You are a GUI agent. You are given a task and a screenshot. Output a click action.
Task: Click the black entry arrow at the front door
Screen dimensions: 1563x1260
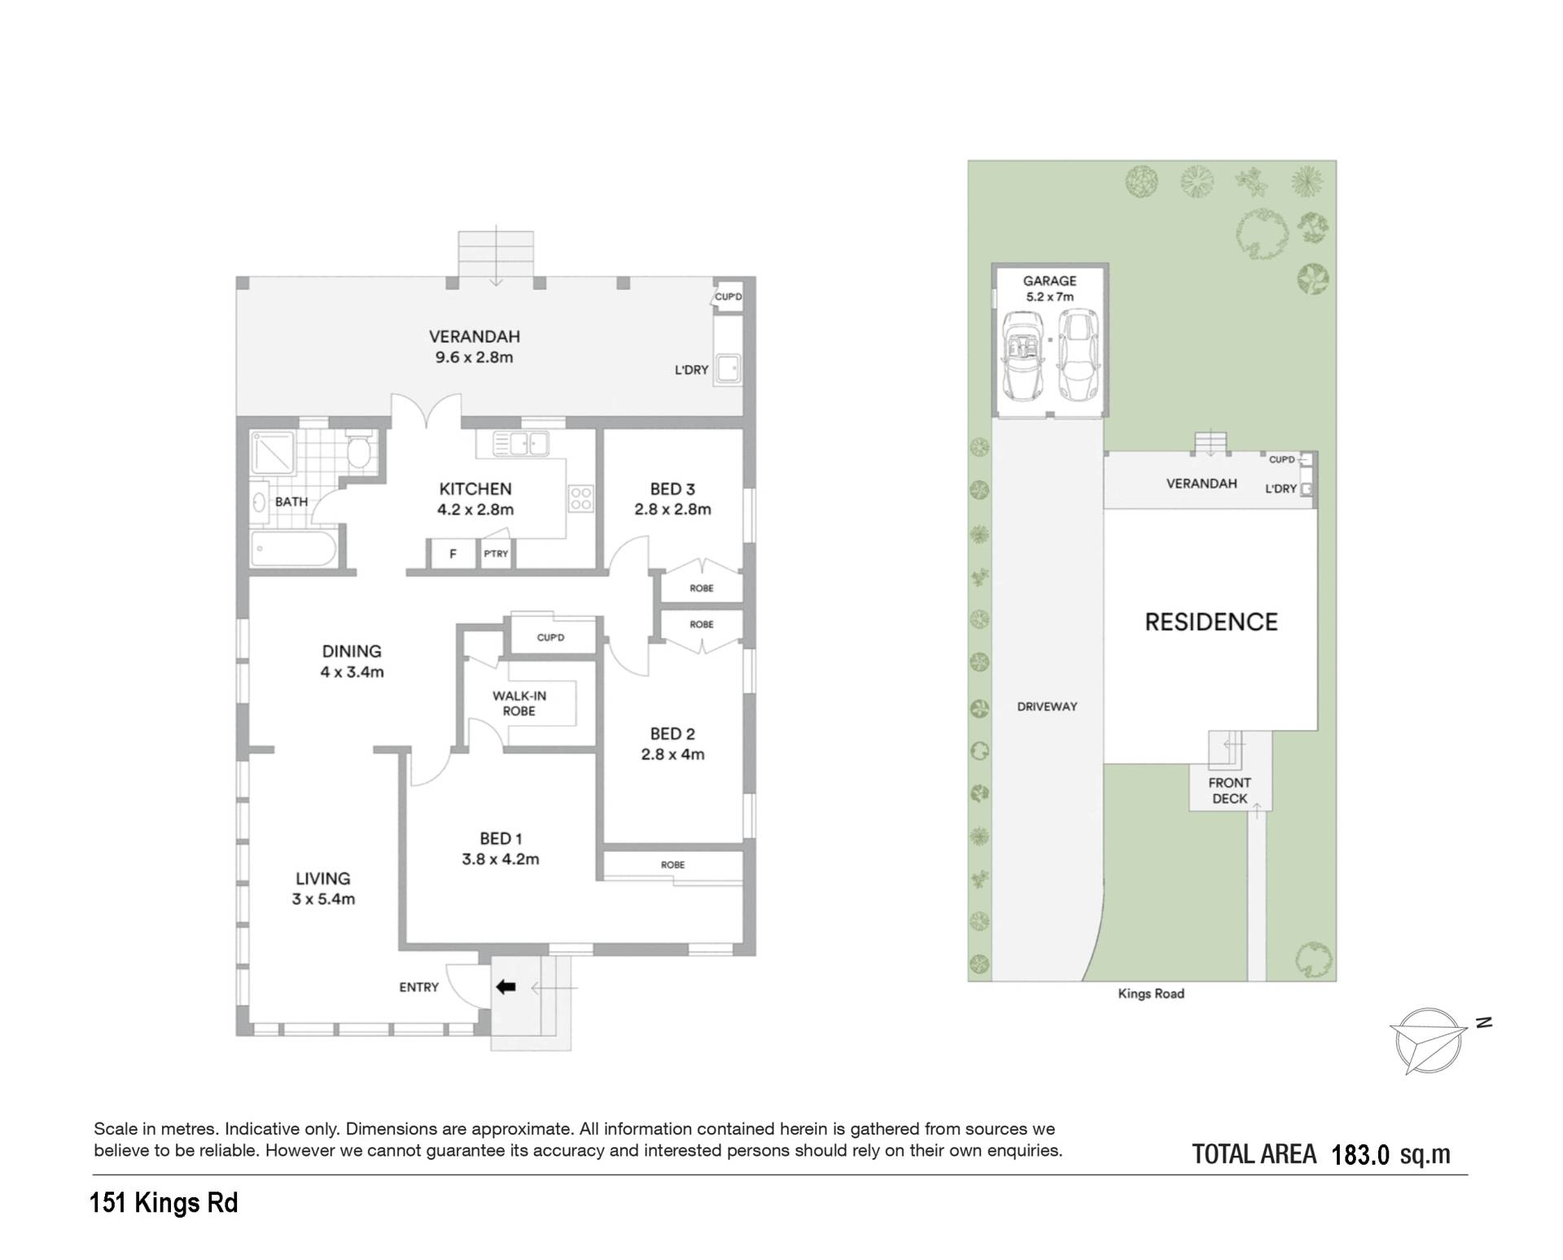pyautogui.click(x=506, y=987)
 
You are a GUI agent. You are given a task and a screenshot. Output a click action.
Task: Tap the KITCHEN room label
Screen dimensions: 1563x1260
pyautogui.click(x=475, y=489)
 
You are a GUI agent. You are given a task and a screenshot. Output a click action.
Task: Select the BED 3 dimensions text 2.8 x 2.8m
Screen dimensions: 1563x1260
pyautogui.click(x=672, y=510)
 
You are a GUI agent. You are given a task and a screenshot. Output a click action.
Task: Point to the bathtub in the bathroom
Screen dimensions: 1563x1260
pyautogui.click(x=293, y=549)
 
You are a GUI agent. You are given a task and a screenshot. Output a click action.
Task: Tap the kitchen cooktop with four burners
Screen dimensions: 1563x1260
pyautogui.click(x=581, y=498)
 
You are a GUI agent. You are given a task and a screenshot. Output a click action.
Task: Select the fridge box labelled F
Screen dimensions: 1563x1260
pyautogui.click(x=453, y=554)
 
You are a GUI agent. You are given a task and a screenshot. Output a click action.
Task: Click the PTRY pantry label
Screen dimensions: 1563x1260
pyautogui.click(x=496, y=554)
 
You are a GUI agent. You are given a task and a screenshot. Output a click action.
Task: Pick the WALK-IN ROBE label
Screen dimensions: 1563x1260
pyautogui.click(x=519, y=704)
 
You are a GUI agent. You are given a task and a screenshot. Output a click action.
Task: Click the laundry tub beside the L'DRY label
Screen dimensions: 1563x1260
pyautogui.click(x=727, y=369)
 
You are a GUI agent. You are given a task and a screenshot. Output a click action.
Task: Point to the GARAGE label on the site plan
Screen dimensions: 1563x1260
pyautogui.click(x=1049, y=281)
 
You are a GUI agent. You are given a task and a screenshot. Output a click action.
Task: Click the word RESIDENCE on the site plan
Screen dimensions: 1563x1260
pyautogui.click(x=1211, y=622)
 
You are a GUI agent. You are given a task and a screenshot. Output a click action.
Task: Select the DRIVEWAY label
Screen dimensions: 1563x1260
pyautogui.click(x=1047, y=707)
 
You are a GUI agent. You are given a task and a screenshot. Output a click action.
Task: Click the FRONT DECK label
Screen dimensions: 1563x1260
pyautogui.click(x=1230, y=791)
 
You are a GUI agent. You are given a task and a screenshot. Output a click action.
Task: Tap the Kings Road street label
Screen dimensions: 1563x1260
pyautogui.click(x=1151, y=994)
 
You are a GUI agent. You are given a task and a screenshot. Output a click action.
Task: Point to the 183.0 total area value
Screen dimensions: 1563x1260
pyautogui.click(x=1360, y=1155)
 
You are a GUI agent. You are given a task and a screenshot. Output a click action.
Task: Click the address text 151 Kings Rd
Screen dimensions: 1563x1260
pyautogui.click(x=164, y=1203)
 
